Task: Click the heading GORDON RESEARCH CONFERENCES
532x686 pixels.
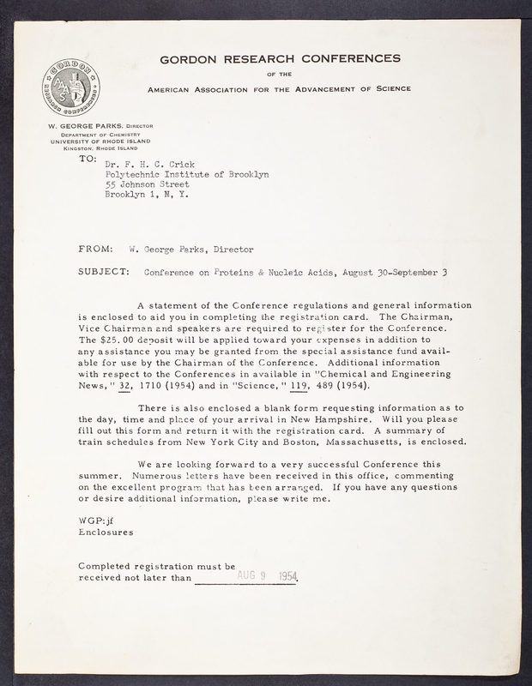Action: point(280,58)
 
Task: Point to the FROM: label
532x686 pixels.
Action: point(95,250)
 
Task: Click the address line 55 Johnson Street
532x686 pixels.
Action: point(147,184)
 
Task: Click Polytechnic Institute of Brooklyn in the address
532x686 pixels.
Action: point(186,173)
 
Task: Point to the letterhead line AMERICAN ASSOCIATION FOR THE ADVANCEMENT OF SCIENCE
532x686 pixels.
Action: point(280,88)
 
